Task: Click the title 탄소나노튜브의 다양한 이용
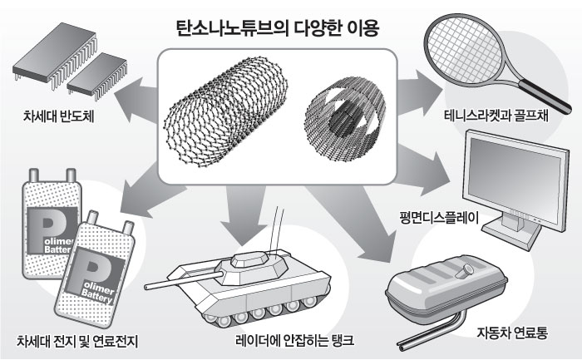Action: click(x=290, y=27)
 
